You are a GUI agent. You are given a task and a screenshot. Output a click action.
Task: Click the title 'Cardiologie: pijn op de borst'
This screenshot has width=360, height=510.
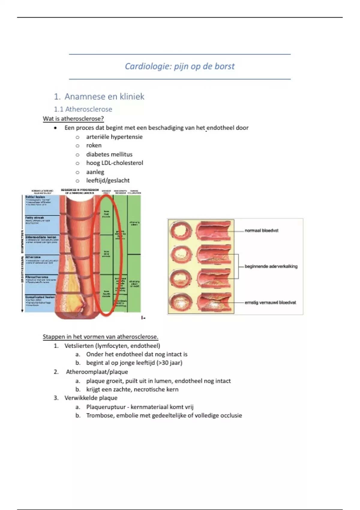179,66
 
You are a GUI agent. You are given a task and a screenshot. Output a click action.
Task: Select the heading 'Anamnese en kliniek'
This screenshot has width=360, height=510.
104,97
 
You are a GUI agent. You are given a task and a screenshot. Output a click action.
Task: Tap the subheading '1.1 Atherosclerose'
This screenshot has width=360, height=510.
83,109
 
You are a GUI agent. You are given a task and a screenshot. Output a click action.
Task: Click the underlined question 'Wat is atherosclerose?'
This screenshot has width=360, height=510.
73,118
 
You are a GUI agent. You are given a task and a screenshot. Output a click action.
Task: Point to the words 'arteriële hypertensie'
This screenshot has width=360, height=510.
114,137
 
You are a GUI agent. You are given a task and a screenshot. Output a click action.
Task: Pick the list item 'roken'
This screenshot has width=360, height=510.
94,145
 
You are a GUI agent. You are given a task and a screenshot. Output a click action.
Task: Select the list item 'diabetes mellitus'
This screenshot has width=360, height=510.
109,154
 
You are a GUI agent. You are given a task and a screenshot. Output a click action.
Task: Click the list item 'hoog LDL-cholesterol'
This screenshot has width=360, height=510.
115,163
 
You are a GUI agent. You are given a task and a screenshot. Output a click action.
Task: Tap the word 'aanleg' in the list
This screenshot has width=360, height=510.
95,172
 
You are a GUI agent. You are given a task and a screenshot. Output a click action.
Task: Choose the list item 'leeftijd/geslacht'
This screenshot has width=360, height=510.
108,181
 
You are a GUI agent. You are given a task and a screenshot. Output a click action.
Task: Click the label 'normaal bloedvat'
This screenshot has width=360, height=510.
261,231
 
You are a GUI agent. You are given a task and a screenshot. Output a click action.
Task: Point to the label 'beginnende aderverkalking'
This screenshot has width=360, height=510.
271,266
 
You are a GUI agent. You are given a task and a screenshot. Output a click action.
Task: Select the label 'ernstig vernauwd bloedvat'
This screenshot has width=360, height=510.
270,303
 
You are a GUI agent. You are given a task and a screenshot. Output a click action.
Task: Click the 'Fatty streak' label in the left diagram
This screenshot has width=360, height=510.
34,217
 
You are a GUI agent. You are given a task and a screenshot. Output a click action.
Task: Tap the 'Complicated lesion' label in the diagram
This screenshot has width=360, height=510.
40,297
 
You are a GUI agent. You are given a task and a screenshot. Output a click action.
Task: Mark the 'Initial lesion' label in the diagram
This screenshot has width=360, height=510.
35,197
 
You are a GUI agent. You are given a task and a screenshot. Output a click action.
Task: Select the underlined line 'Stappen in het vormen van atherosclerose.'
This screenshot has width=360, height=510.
100,337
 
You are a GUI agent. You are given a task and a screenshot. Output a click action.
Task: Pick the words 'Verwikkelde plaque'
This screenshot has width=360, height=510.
91,398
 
